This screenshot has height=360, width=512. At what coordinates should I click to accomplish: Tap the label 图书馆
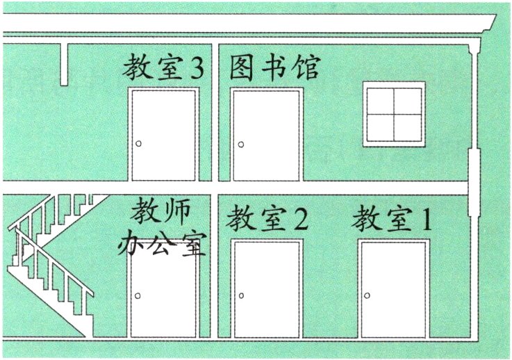(275, 68)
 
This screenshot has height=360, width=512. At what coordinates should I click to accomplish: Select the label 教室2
(267, 220)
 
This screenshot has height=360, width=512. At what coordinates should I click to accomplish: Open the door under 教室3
(164, 135)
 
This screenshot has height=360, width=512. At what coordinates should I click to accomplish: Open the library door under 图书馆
(265, 135)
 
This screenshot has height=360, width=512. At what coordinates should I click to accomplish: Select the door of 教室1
(393, 288)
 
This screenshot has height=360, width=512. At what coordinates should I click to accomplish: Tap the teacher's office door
(164, 295)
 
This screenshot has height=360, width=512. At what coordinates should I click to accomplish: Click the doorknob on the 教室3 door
(139, 144)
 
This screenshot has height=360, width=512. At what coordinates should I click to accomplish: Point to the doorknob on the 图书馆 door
(241, 145)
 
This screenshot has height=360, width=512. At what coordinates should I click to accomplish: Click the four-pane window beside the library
(394, 113)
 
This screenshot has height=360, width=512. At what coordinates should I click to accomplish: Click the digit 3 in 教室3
(198, 68)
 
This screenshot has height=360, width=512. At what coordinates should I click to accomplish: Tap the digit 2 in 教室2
(299, 220)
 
